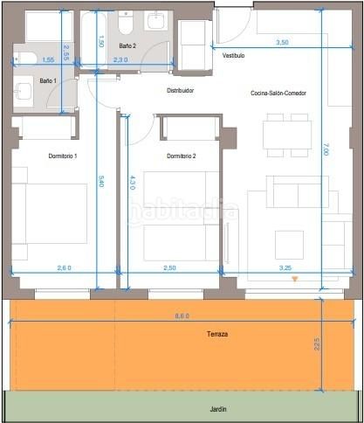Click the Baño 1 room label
tap(48, 80)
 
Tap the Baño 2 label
tap(127, 45)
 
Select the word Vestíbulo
tap(233, 55)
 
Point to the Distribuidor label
tap(181, 91)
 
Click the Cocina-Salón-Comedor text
tap(278, 94)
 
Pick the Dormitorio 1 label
tap(63, 156)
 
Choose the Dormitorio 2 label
tap(182, 156)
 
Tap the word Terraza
tap(217, 334)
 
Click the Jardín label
tap(218, 409)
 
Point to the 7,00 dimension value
tap(326, 152)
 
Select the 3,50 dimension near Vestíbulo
tap(282, 42)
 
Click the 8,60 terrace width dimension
tap(182, 316)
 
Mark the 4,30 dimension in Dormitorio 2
tap(133, 183)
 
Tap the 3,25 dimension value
tap(285, 268)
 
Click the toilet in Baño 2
tap(126, 22)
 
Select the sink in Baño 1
tap(24, 91)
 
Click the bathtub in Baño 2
tap(93, 38)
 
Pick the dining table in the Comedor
tap(287, 135)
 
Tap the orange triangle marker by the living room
tap(295, 279)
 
